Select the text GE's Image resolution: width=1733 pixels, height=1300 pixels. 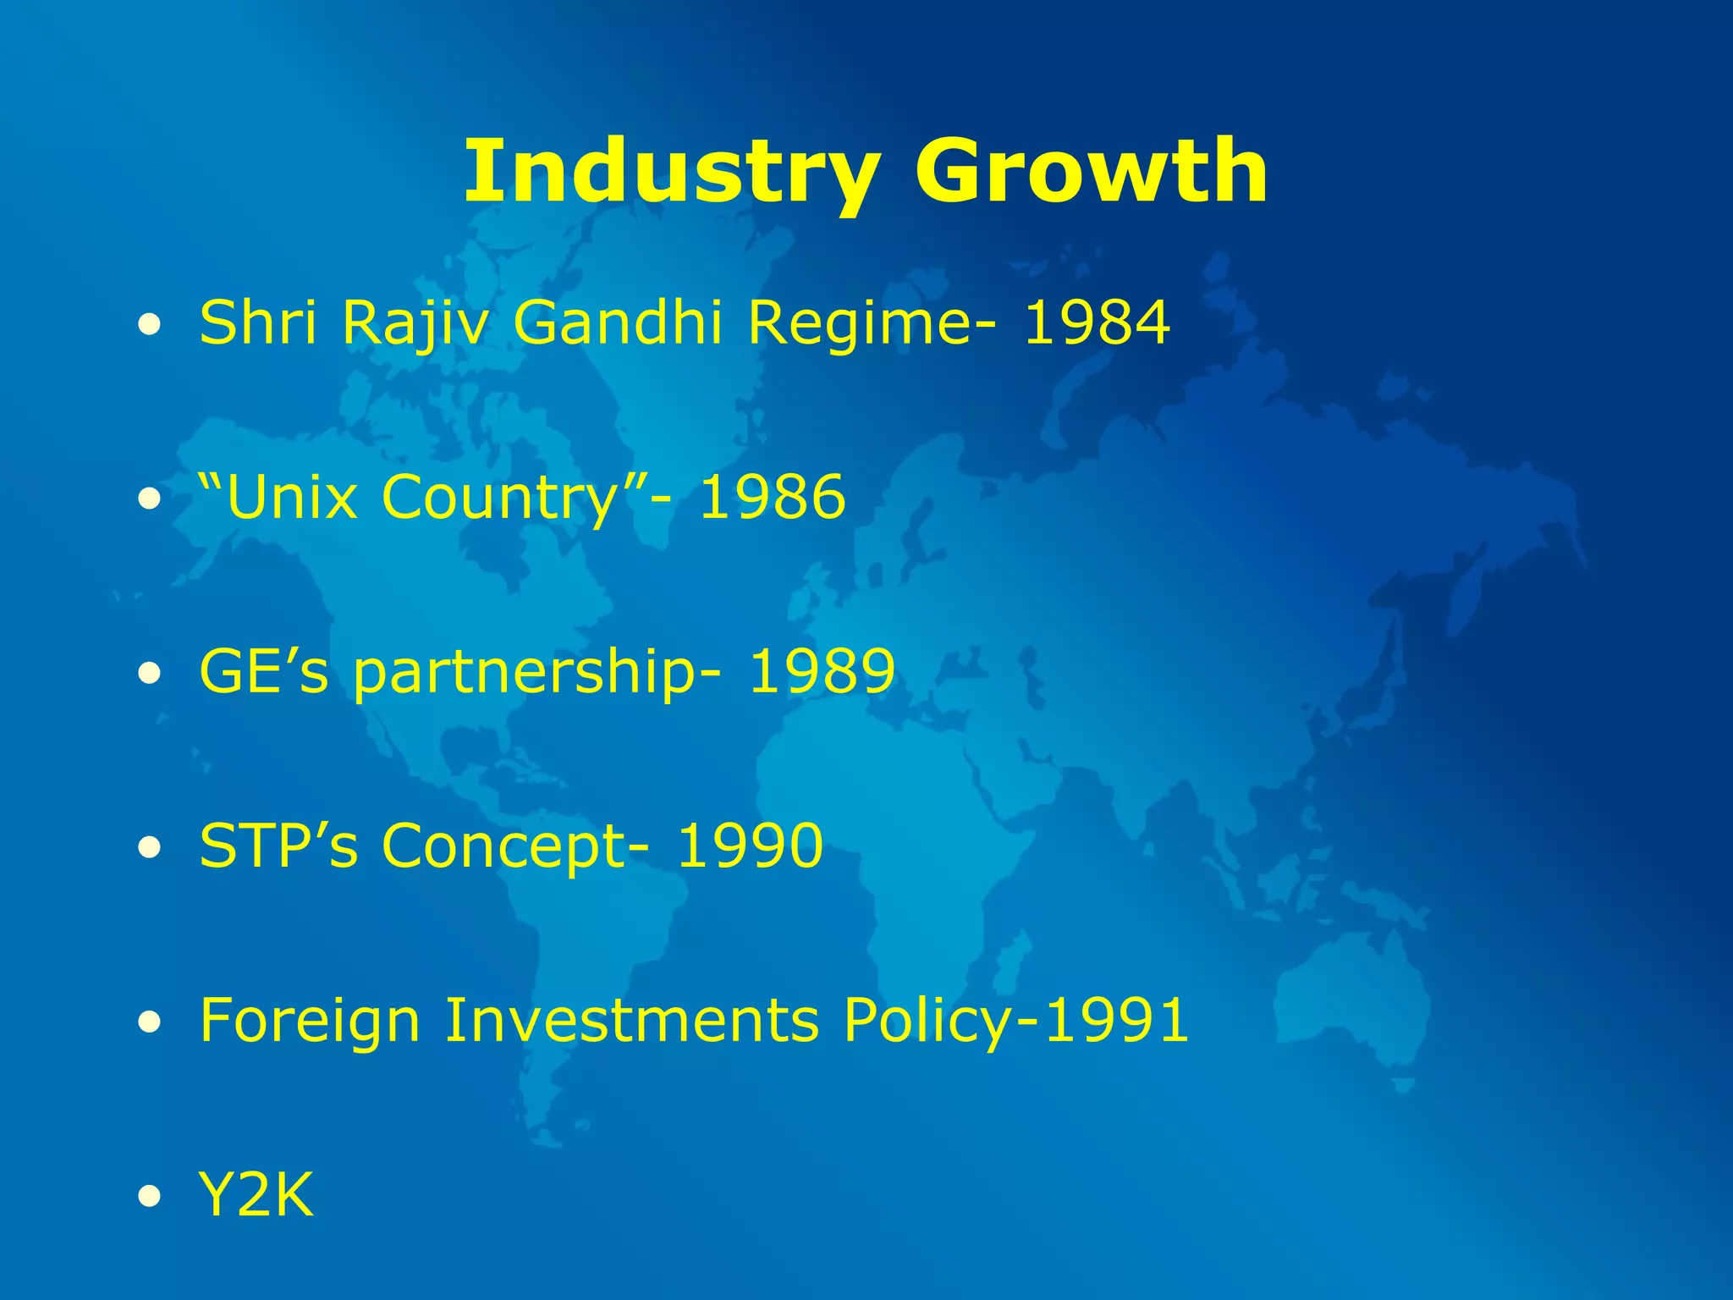coord(263,671)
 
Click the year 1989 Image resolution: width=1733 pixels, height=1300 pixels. coord(822,671)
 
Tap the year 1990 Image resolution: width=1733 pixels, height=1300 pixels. coord(750,846)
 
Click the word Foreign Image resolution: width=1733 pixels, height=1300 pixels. coord(310,1022)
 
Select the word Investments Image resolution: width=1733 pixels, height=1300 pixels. coord(631,1020)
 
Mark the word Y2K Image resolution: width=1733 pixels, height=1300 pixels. coord(256,1194)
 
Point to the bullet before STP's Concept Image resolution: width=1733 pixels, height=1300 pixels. coord(150,847)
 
